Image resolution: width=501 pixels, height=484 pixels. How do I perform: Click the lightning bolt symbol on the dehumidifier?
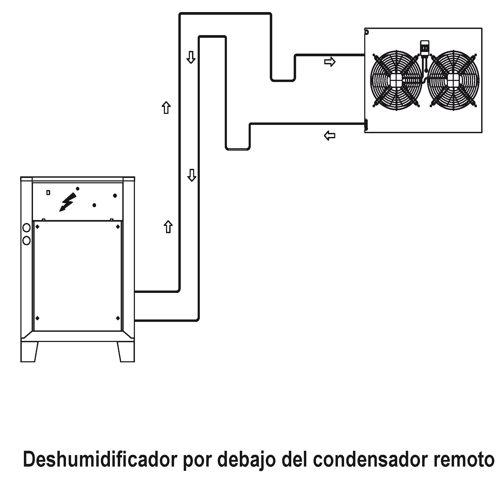click(68, 202)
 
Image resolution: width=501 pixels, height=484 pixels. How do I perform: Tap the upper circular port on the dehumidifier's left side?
click(27, 228)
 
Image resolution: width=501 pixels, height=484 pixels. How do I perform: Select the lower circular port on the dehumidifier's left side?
click(27, 241)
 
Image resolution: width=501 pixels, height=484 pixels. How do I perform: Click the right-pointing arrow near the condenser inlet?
click(330, 62)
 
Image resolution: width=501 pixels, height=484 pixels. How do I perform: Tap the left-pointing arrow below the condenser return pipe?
click(330, 136)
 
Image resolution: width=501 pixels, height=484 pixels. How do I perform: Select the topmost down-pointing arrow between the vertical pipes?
click(191, 57)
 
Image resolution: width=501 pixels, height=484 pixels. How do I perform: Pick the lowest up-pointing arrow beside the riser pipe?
click(168, 227)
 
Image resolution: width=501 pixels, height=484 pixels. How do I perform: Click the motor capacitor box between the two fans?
click(424, 48)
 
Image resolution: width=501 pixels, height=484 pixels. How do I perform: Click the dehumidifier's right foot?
click(126, 352)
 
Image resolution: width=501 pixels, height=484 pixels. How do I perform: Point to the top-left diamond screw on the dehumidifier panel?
click(38, 227)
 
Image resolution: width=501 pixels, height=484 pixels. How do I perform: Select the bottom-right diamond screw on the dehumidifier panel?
click(118, 318)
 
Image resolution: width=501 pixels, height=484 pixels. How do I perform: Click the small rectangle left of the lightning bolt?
click(48, 192)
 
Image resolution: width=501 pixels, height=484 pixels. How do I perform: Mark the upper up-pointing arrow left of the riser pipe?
click(166, 107)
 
